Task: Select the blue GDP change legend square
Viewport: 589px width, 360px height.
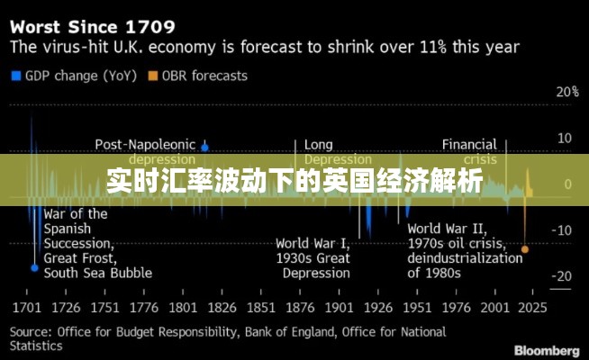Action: point(15,76)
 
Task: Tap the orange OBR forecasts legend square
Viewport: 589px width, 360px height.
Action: point(154,76)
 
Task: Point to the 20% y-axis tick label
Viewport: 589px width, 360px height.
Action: point(567,92)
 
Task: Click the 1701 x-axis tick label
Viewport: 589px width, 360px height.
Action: point(26,308)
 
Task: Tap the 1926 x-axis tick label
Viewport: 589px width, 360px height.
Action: point(377,308)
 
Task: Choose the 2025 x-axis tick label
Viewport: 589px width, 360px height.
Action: point(531,308)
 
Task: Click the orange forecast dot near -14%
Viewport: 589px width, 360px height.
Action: point(525,248)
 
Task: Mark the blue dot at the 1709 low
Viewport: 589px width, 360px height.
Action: point(34,267)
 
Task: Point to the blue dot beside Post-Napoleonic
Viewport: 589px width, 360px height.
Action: point(205,146)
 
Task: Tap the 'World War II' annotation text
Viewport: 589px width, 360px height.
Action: point(447,229)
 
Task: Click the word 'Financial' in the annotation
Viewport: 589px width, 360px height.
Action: point(468,144)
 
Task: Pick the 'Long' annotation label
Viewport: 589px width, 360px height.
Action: point(318,144)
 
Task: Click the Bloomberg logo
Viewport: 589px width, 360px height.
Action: point(546,349)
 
